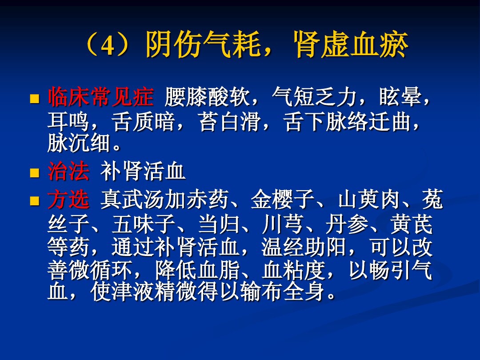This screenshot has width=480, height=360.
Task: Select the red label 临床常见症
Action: point(100,98)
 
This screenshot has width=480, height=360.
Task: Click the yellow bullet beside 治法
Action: point(34,172)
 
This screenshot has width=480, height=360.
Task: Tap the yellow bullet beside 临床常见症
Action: point(34,98)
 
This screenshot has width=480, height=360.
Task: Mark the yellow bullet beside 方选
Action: point(34,201)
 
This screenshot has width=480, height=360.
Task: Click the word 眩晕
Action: point(399,98)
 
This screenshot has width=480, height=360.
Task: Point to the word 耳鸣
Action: point(68,122)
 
